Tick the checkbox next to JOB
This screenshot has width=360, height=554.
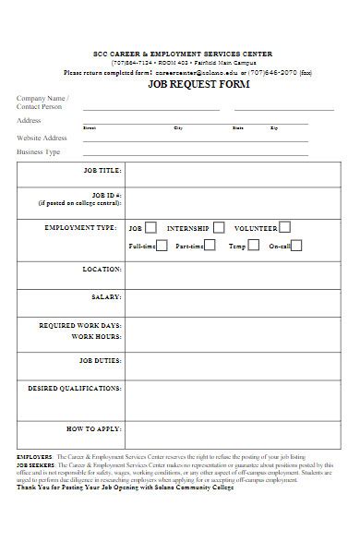(150, 226)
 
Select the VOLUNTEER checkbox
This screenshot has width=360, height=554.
(284, 226)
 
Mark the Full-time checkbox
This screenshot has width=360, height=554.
(162, 246)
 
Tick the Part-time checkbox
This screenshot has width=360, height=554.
(210, 246)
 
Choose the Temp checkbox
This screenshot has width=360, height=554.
(253, 246)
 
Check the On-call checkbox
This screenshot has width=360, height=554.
(297, 246)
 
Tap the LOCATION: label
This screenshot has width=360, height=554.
(102, 270)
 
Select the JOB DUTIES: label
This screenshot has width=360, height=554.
(100, 360)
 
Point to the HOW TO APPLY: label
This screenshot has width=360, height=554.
(94, 429)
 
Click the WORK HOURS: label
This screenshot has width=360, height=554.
(98, 337)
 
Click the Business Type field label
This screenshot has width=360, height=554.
(39, 152)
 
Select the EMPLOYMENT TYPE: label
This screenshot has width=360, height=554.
(80, 227)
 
